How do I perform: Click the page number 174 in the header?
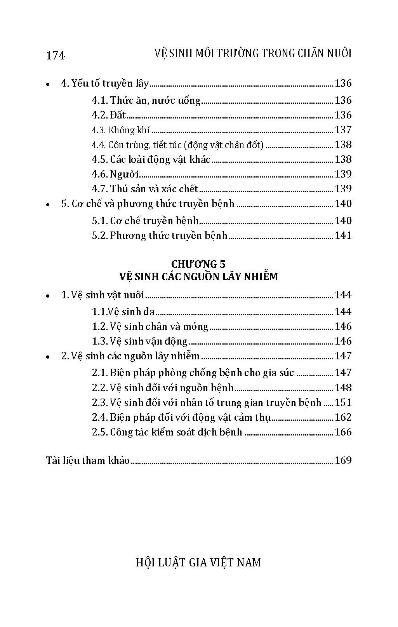56,56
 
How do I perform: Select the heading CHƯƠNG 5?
198,264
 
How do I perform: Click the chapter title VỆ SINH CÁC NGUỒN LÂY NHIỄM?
198,277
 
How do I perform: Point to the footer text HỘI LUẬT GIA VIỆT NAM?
198,562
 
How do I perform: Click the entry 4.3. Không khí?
121,130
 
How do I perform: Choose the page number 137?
343,130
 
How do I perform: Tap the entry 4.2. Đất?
109,115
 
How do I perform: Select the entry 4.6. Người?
115,174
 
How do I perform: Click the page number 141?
343,235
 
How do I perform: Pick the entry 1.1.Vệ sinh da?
123,312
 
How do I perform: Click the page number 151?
343,402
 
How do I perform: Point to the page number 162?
343,417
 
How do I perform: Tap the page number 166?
343,432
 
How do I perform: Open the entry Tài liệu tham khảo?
88,460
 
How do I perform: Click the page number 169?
343,460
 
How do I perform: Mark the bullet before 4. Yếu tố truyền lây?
48,84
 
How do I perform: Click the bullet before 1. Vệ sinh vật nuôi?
48,296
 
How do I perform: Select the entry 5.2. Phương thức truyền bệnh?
160,236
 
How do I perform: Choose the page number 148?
343,388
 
